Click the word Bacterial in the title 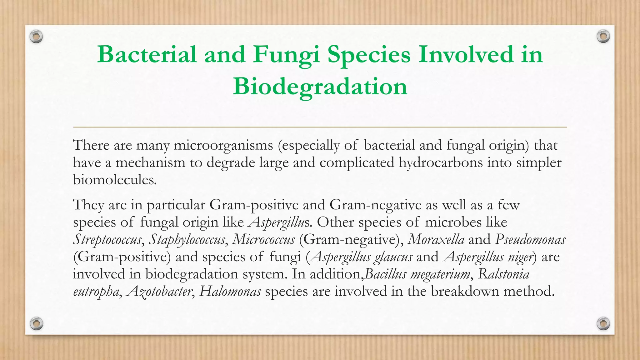147,54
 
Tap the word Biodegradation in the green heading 320,87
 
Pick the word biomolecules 114,180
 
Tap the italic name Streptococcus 107,240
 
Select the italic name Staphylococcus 187,240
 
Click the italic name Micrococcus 263,240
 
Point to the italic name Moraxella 436,240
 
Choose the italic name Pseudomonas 530,240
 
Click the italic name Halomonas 230,292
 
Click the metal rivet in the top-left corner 36,37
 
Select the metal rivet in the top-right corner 603,37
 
